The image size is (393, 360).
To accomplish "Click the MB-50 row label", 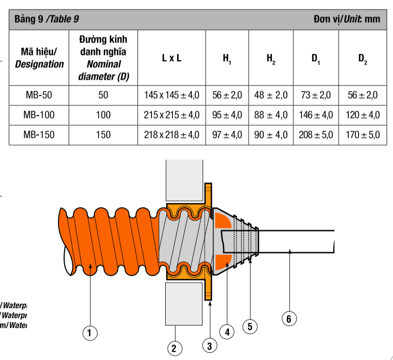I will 39,95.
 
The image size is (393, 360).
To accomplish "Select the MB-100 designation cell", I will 39,115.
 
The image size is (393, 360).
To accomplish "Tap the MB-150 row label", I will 39,135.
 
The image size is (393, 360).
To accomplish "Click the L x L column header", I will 171,58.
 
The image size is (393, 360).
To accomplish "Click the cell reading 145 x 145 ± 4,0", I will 171,95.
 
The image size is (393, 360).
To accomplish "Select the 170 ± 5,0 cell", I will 362,135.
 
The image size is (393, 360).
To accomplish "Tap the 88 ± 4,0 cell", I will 271,115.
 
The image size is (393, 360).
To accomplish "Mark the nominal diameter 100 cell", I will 103,115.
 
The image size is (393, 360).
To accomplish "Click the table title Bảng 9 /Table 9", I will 47,19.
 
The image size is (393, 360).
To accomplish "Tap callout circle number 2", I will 174,349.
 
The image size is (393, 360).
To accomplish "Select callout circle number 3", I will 209,346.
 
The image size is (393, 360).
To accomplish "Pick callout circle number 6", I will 289,318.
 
